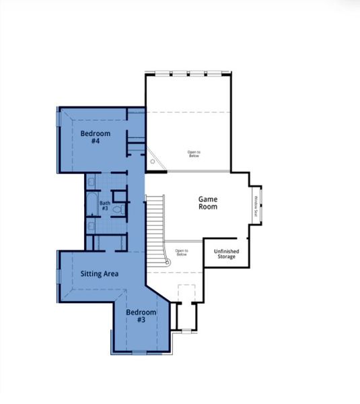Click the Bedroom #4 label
tap(90, 137)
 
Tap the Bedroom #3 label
tap(141, 316)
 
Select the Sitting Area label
tap(100, 274)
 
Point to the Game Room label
tap(207, 203)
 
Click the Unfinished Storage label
tap(226, 253)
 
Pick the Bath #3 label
tap(104, 205)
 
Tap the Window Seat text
tap(256, 205)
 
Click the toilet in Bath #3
tap(118, 209)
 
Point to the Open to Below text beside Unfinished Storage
tap(182, 252)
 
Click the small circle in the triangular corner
tap(153, 162)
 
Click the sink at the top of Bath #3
tap(91, 182)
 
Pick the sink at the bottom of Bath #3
tap(91, 226)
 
